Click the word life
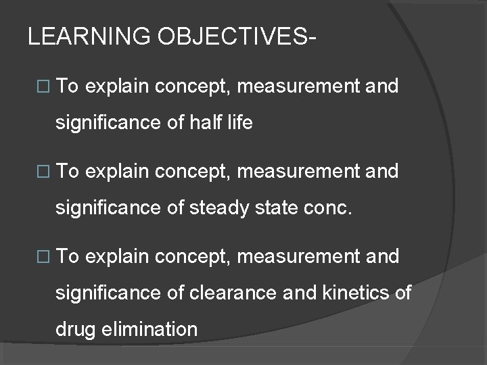coord(240,124)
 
